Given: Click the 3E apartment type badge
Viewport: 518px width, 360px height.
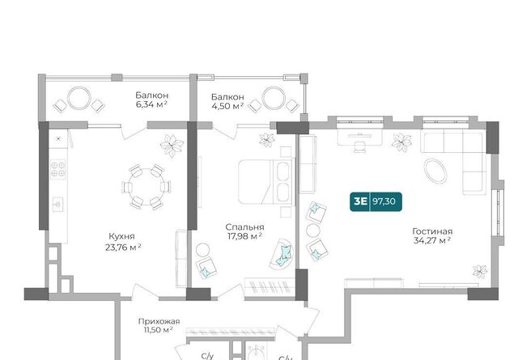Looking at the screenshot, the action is pos(360,201).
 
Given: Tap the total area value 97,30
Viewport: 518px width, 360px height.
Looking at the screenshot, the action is pos(384,201).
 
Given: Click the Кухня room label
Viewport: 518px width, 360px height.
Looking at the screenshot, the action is pos(122,236).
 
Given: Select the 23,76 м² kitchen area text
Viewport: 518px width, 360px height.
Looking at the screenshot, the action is pos(123,247).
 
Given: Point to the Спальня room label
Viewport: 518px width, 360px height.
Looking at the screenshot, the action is pos(244,227).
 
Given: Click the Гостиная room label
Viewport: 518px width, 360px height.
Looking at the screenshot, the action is pos(432,231).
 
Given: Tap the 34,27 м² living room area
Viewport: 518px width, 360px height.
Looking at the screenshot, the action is pos(432,240).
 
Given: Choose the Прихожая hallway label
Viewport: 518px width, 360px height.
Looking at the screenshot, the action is pos(159,321).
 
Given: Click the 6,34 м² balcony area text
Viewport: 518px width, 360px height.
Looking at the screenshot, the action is pos(151,104).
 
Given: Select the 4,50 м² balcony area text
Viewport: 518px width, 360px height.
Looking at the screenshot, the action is pos(227,106).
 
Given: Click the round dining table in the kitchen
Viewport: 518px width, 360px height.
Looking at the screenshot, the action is pos(146,187).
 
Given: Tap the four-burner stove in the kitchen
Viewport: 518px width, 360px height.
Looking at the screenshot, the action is pos(57,169).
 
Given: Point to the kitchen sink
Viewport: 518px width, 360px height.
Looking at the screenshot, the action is pos(57,205).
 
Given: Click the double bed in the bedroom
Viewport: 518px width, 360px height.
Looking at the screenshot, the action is pos(266,182).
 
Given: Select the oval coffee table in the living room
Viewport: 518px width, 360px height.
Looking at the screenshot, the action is pos(435,171).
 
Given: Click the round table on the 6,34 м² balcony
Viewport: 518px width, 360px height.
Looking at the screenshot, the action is pos(79,99).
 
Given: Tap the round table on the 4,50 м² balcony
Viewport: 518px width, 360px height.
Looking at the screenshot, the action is pos(274,98).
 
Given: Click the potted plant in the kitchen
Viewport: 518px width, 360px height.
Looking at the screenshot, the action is pos(172,146).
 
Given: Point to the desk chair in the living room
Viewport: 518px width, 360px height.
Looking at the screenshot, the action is pos(359,146).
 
